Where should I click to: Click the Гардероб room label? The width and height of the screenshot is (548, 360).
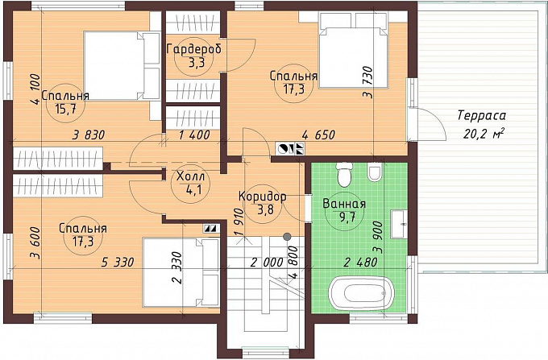194,49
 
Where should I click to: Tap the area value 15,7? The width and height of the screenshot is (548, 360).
65,109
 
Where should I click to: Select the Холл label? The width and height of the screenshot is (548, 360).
190,176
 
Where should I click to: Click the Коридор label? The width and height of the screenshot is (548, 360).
262,197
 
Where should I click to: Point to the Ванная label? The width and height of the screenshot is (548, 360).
344,204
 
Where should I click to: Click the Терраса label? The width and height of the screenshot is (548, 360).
482,116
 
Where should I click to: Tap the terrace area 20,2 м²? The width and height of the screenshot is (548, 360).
484,134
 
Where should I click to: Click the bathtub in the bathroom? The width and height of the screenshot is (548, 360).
362,293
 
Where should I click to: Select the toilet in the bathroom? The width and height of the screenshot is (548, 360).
345,174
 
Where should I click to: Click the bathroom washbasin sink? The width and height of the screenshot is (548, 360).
399,224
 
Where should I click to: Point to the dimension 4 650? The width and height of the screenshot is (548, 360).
318,134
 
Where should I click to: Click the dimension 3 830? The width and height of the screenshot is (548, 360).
89,134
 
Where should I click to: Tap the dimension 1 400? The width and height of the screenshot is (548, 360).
194,134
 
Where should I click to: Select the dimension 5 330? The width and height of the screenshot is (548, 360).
118,262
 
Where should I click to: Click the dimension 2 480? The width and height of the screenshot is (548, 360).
360,262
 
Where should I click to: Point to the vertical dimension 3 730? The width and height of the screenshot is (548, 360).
368,82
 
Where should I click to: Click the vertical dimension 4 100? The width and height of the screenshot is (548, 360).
35,89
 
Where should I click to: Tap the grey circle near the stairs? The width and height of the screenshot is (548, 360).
287,237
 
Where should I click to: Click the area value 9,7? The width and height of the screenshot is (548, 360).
345,217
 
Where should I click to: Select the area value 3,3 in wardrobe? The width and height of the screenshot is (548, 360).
194,63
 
